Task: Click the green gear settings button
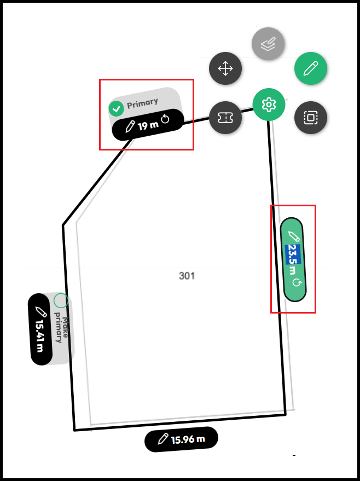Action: [x=269, y=104]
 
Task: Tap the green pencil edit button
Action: [x=311, y=68]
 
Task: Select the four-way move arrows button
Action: [x=225, y=68]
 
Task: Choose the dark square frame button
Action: [x=311, y=117]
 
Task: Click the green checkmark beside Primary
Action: [x=116, y=108]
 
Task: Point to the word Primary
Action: [x=142, y=102]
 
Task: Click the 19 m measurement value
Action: [x=148, y=125]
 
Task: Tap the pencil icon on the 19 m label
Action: [x=130, y=128]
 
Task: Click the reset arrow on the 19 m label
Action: [x=166, y=120]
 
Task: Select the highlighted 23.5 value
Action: [x=292, y=254]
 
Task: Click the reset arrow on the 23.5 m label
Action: [x=297, y=283]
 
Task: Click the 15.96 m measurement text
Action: [x=188, y=439]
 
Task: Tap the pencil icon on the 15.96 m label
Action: [x=162, y=439]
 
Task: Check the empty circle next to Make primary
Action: [x=61, y=300]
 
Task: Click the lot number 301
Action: [x=187, y=275]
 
